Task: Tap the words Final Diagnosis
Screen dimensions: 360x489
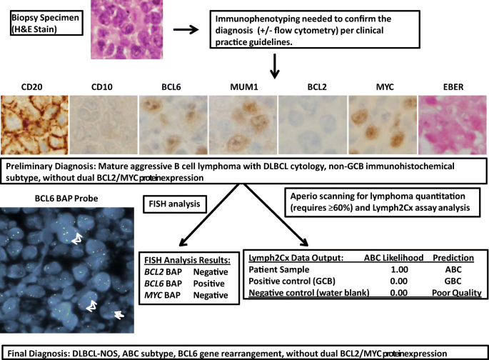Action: click(40, 353)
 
